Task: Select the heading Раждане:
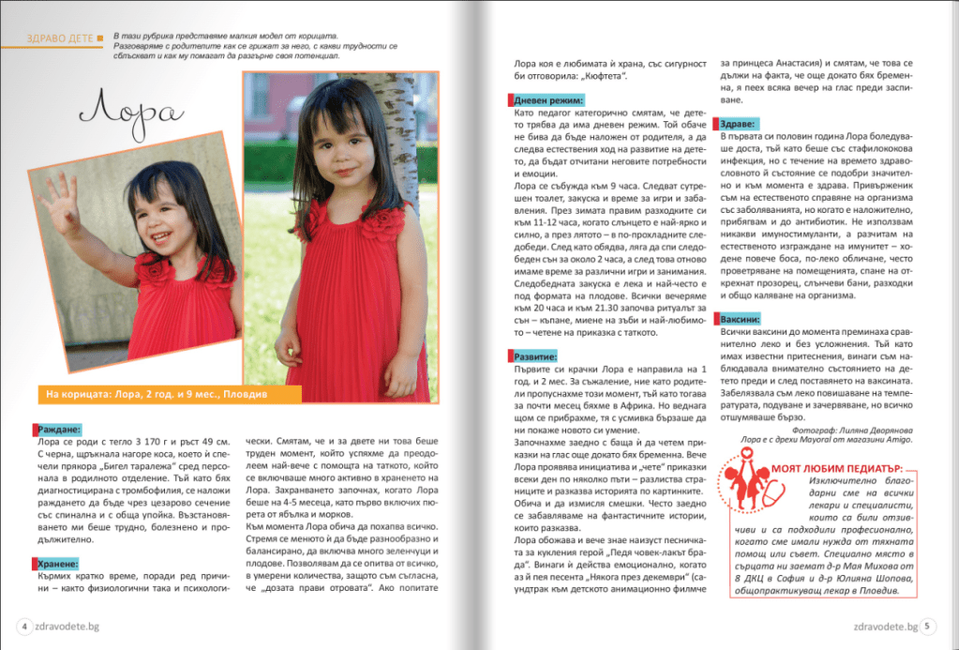pos(59,429)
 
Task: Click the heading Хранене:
pos(59,565)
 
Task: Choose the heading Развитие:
pos(537,357)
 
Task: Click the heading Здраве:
pos(740,124)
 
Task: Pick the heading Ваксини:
pos(743,319)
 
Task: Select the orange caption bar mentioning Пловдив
pos(156,395)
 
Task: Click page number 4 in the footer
pos(21,626)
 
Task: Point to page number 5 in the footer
pos(927,626)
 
